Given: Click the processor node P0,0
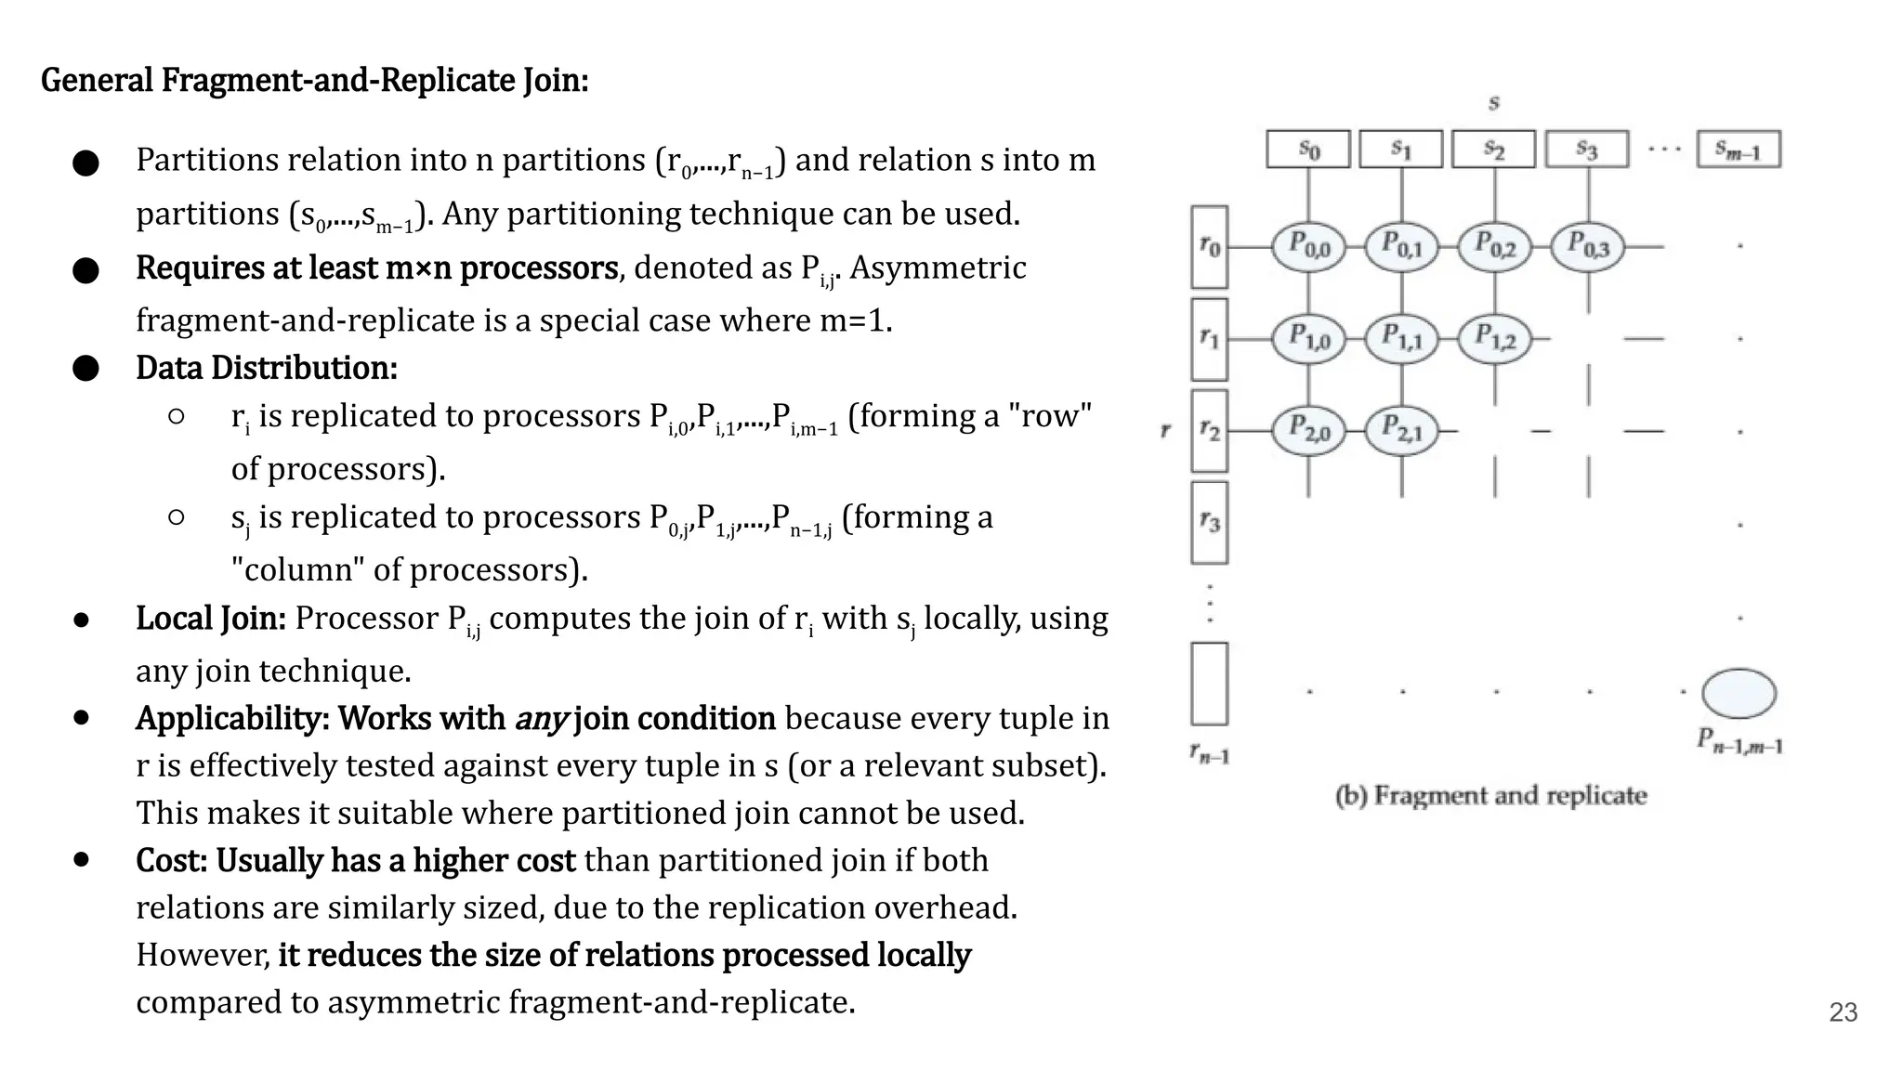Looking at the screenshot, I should [1308, 246].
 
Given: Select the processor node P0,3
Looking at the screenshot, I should [1588, 246].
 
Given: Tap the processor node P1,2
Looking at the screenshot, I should [1495, 338].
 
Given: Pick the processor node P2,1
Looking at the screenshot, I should [1401, 430].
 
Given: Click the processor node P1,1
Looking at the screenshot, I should [1401, 338].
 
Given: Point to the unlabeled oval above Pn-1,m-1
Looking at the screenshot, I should [1739, 694].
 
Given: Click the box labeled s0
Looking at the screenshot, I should [1308, 150].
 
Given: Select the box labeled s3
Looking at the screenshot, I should [1587, 150].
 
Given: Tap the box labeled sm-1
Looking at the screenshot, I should [1739, 150].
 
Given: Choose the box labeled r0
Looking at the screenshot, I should [1209, 246].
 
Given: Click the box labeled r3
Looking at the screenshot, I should [1209, 522].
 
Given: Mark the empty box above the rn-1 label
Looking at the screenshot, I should [1209, 683].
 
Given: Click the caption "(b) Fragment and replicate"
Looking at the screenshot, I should [1490, 796].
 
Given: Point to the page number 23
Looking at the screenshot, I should [1843, 1012].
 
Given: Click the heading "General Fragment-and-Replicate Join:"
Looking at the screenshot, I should [314, 81].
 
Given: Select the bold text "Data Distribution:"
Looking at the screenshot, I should [267, 368].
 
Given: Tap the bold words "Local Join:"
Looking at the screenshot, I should [211, 619].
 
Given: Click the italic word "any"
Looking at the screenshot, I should [540, 719].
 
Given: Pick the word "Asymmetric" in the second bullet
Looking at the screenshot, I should [938, 267].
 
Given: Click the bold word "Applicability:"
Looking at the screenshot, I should [232, 719].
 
